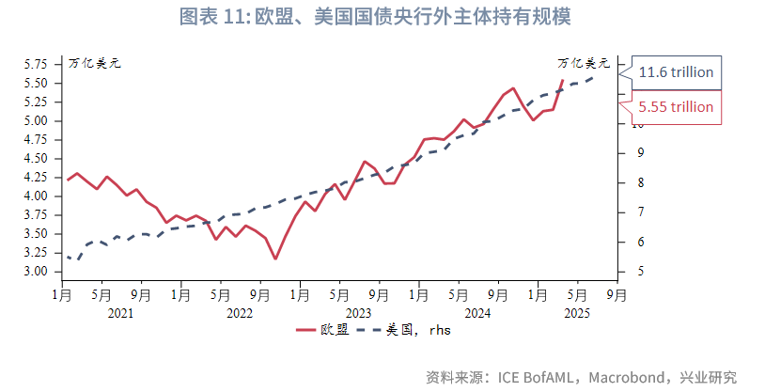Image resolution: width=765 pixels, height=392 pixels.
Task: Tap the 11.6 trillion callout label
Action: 676,72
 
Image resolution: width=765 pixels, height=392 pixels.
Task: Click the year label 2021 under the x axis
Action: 120,313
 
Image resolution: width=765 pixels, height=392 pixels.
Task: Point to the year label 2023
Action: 358,313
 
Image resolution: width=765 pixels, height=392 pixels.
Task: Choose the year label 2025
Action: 576,313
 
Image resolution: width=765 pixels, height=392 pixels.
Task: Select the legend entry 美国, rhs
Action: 419,330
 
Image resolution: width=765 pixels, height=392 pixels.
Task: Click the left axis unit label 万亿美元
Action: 94,64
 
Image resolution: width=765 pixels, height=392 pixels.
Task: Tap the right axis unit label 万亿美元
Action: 584,64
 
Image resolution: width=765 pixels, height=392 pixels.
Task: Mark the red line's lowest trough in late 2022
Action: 275,259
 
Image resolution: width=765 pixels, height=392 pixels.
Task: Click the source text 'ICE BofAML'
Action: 536,377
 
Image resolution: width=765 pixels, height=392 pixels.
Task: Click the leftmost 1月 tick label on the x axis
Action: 61,294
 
